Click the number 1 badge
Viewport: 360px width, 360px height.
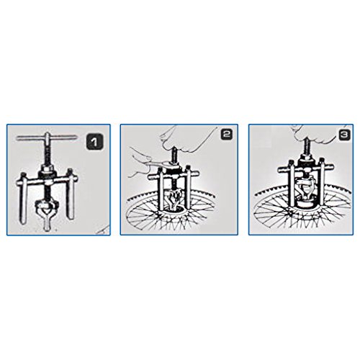tap(94, 143)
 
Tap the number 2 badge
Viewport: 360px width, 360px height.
tap(227, 135)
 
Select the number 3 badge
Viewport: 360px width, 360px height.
tap(345, 135)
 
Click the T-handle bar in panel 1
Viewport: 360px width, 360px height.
tap(47, 138)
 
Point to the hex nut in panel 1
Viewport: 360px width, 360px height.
tap(48, 171)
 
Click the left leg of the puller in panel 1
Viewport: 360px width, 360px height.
tap(23, 199)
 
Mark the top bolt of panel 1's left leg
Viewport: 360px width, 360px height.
tap(23, 174)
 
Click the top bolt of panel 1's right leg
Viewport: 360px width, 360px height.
tap(70, 171)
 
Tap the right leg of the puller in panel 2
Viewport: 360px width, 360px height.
tap(188, 189)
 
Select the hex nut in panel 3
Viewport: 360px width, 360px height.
tap(305, 160)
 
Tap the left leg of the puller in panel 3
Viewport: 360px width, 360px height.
tap(292, 185)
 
